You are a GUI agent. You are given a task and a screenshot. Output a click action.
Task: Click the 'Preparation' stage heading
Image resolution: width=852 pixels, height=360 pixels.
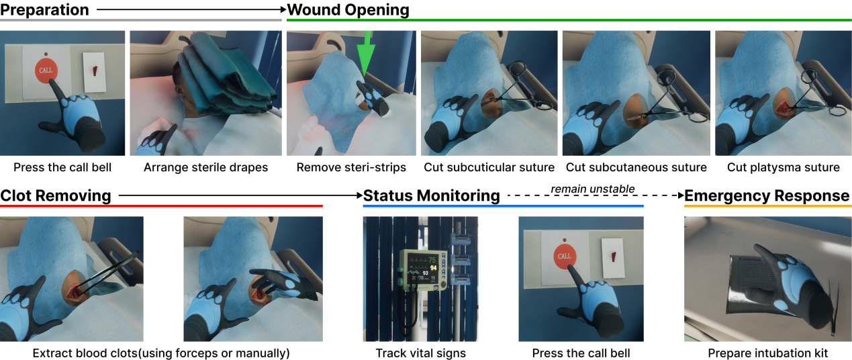click(44, 10)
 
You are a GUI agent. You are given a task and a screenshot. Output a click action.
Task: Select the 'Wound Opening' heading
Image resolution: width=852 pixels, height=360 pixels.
click(348, 10)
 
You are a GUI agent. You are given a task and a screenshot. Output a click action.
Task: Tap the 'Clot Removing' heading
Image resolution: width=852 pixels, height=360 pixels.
click(56, 195)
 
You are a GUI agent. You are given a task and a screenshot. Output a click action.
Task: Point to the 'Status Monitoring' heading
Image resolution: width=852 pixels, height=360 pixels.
click(431, 195)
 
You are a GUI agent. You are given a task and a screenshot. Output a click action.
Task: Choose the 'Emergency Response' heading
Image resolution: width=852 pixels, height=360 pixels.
click(767, 195)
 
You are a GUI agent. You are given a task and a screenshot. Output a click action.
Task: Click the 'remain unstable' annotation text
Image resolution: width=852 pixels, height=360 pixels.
click(593, 189)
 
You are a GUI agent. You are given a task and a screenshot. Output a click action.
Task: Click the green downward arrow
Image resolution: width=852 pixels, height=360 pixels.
click(365, 53)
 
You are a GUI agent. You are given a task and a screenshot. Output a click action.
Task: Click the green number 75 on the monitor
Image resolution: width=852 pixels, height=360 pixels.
click(432, 260)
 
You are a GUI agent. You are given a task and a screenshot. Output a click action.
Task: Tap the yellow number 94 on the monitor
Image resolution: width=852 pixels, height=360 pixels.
click(433, 268)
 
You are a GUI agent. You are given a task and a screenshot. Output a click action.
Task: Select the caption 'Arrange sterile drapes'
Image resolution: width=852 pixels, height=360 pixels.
click(205, 167)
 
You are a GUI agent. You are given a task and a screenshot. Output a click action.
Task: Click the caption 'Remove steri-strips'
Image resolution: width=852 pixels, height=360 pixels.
click(351, 167)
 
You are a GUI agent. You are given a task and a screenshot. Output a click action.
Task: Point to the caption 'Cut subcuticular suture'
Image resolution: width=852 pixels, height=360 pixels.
click(489, 167)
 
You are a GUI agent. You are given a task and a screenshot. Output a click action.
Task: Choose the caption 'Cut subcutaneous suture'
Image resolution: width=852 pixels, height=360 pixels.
click(636, 167)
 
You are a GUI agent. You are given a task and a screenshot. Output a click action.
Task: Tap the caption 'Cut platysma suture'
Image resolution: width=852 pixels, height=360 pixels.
click(783, 167)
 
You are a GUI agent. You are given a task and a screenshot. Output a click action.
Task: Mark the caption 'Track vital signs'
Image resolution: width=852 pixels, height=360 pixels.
click(421, 353)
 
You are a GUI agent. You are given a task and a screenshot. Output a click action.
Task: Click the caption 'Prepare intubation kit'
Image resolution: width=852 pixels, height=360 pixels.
click(768, 353)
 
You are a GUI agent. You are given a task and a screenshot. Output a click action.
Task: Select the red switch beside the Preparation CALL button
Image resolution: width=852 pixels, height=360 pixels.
click(95, 71)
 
